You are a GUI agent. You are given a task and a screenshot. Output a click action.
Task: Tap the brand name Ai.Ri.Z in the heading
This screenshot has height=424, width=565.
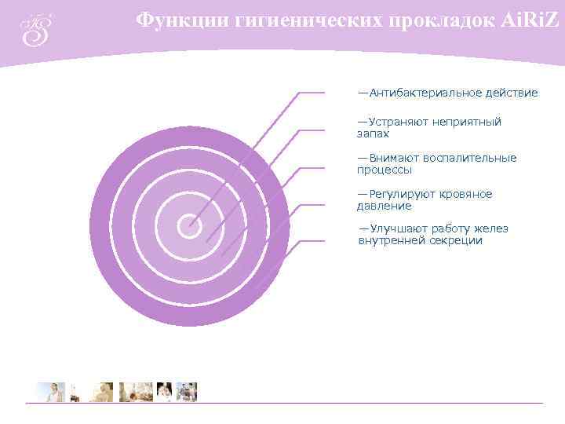[x=530, y=20]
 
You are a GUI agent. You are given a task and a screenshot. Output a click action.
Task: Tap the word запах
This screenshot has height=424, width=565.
[x=373, y=134]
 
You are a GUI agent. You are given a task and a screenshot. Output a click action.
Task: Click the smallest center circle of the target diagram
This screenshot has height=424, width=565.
[x=189, y=226]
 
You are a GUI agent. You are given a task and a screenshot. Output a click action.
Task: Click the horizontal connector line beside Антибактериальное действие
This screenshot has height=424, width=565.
[x=312, y=93]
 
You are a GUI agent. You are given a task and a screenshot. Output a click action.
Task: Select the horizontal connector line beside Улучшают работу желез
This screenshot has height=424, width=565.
[x=312, y=240]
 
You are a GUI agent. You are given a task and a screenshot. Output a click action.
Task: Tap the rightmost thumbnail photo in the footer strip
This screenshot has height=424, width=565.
[x=187, y=392]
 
